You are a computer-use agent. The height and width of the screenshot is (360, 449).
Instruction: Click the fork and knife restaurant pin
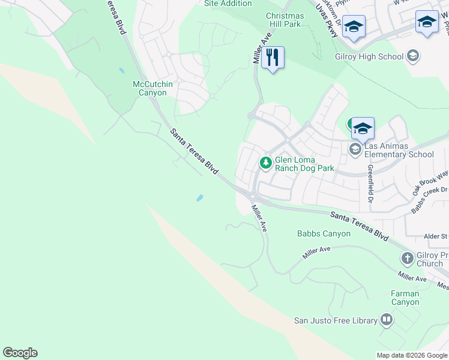click(273, 58)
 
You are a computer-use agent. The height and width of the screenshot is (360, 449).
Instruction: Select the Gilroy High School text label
click(369, 56)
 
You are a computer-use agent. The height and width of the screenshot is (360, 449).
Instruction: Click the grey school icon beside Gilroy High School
click(412, 56)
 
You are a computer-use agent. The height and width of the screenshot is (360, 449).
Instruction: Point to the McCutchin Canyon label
click(152, 88)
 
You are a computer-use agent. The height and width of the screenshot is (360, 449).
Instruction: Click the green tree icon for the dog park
click(265, 163)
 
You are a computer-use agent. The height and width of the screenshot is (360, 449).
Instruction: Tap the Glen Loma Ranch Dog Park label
click(304, 164)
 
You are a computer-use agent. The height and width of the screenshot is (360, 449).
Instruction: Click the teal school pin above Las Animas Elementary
click(363, 128)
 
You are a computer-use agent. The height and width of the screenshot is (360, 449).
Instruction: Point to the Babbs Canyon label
click(324, 233)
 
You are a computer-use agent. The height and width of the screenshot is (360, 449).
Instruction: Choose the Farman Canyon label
click(405, 298)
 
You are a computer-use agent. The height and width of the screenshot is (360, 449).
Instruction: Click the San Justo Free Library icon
click(387, 320)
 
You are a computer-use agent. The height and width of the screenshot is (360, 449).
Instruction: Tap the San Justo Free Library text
click(335, 320)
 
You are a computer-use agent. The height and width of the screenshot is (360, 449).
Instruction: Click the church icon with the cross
click(407, 259)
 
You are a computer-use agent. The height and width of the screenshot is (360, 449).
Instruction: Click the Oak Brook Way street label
click(430, 183)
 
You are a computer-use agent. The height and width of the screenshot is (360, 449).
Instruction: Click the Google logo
click(20, 353)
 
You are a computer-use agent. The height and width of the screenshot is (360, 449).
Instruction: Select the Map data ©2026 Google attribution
click(411, 355)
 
